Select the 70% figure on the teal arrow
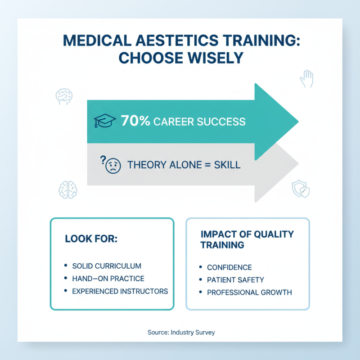(135, 121)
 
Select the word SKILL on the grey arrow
(226, 165)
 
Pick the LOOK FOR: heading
(91, 238)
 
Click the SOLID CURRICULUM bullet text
(107, 266)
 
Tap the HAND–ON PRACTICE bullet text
(108, 279)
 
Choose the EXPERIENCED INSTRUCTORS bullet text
(120, 291)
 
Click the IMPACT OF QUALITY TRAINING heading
(247, 239)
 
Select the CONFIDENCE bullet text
(229, 267)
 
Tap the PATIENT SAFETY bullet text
(235, 280)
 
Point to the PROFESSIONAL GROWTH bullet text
(249, 292)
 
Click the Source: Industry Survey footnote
(181, 333)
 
